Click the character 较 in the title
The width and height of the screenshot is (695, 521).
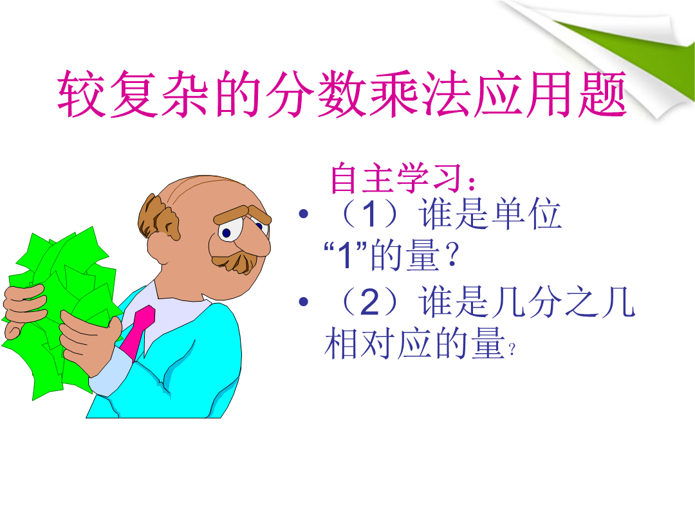click(x=82, y=94)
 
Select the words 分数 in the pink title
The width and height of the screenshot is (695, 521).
click(x=316, y=94)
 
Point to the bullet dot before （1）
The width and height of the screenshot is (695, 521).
click(x=304, y=214)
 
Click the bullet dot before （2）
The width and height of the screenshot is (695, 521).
click(x=304, y=302)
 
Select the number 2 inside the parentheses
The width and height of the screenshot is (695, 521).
click(x=370, y=302)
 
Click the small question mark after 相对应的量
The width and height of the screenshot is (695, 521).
click(x=512, y=350)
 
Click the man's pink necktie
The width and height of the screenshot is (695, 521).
click(x=138, y=333)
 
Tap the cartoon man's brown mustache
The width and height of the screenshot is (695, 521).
click(x=235, y=261)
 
